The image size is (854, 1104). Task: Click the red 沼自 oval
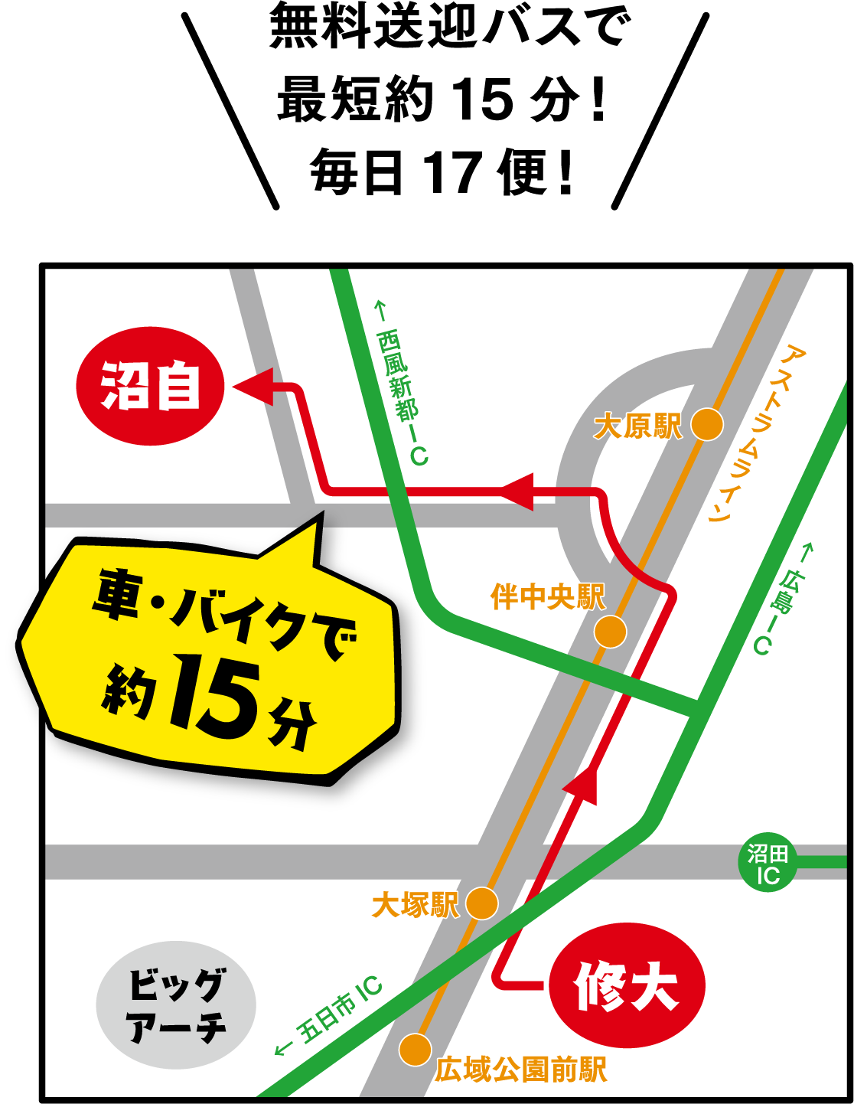coord(150,387)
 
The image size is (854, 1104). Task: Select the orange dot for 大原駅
coord(707,424)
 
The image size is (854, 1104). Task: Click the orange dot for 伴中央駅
coord(610,632)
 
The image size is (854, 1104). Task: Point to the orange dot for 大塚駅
coord(481,903)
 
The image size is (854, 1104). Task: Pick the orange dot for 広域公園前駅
coord(415,1049)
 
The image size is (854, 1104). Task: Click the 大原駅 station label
coord(637,426)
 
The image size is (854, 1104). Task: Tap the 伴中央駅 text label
coord(547,596)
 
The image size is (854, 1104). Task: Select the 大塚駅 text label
coord(415,905)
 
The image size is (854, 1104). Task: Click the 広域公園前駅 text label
coord(521,1070)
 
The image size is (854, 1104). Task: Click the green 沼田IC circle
coord(768,863)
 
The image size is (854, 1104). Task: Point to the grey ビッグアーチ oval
coord(176,1004)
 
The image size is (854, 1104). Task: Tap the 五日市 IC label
coord(329,1014)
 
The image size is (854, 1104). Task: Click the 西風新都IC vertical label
coord(401,383)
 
